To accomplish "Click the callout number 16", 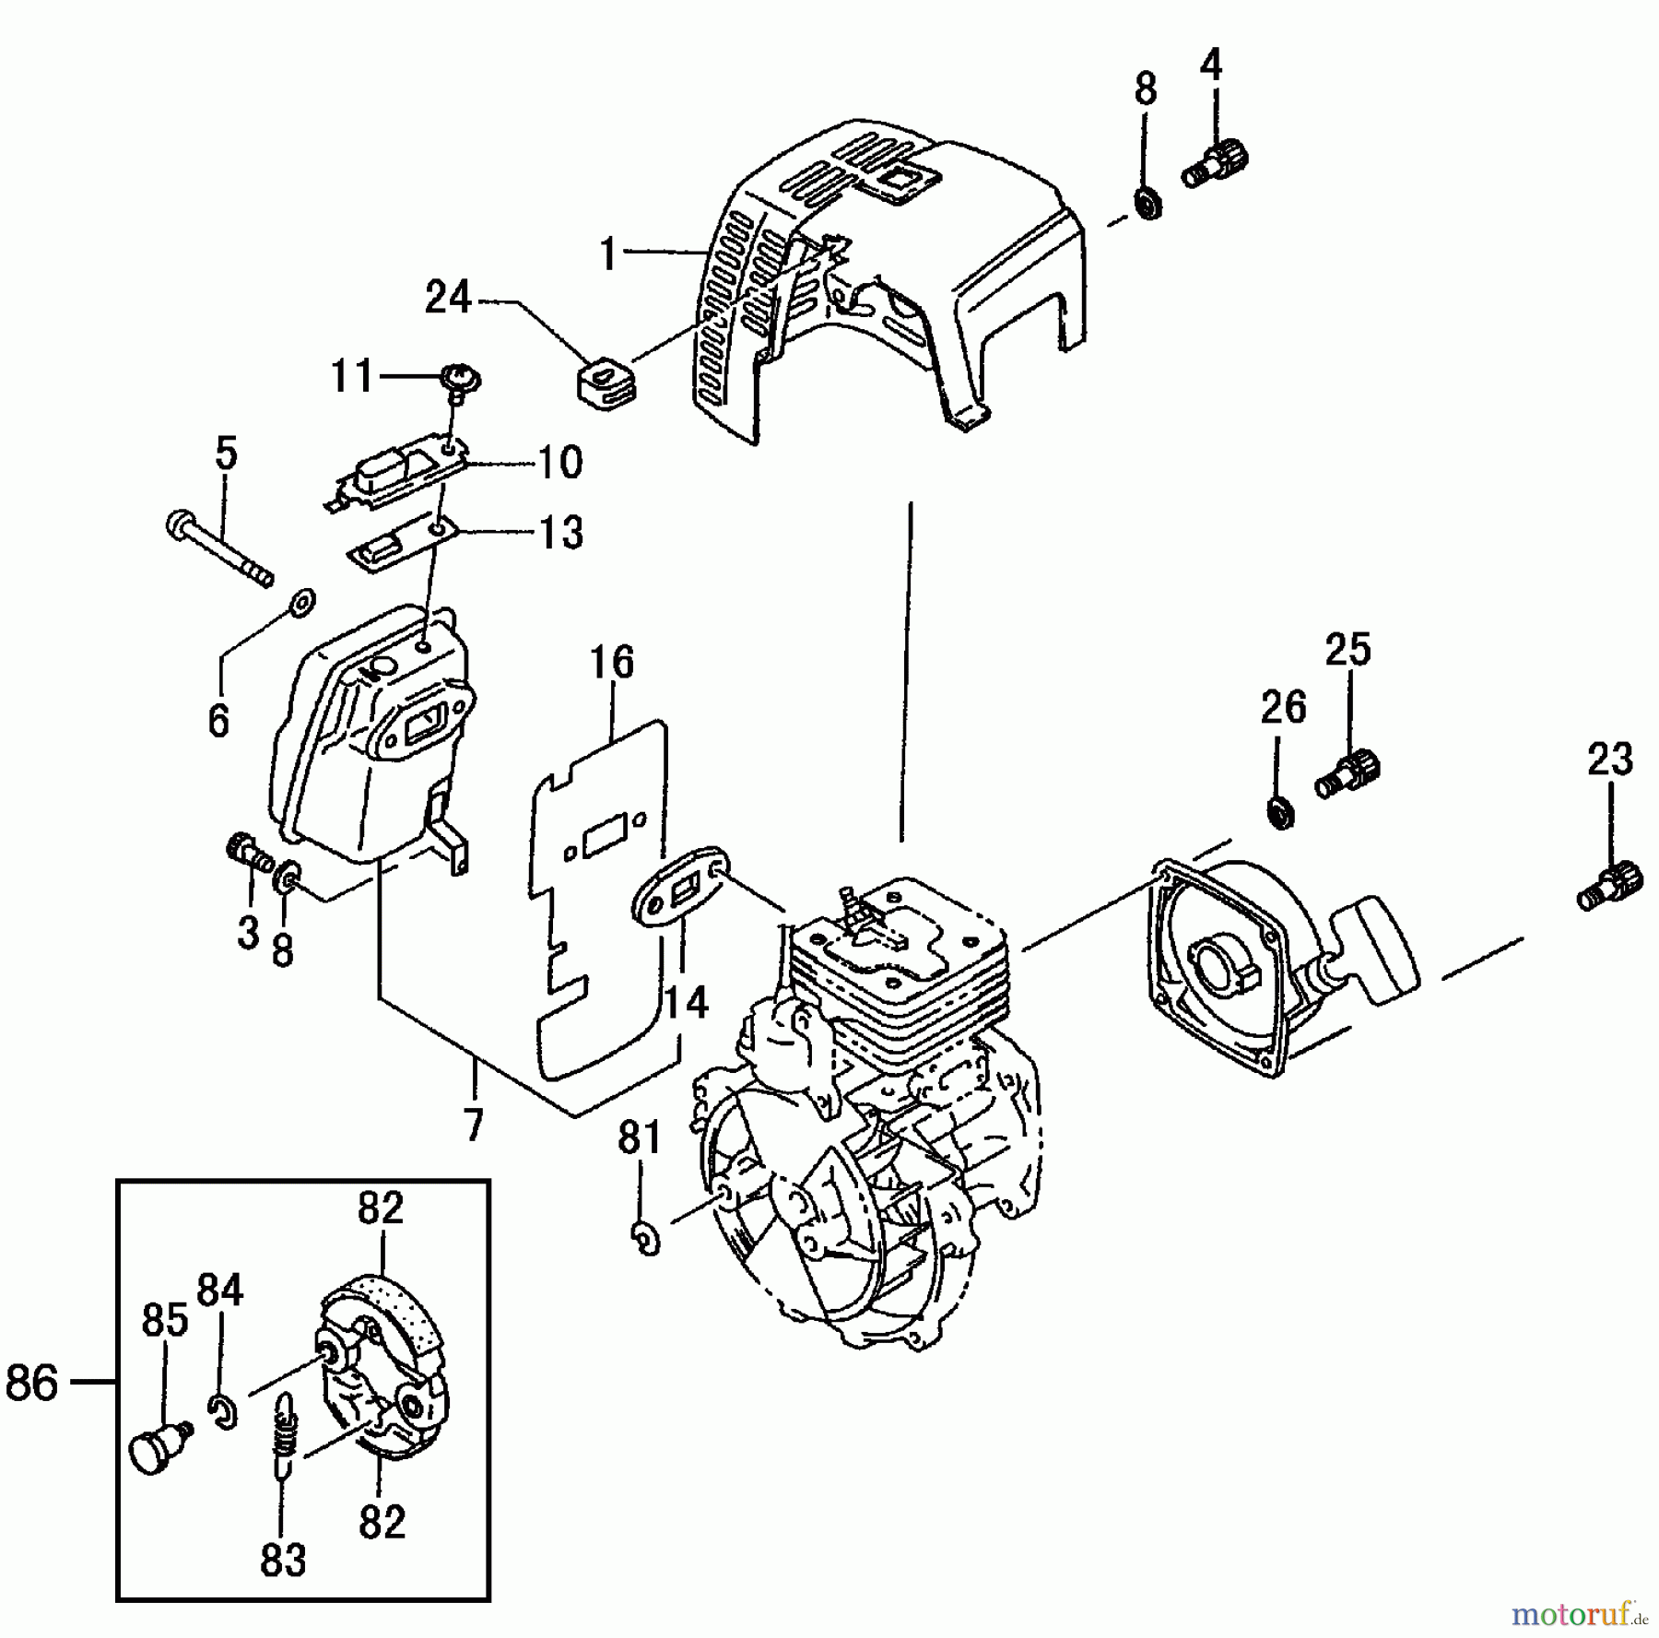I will [613, 663].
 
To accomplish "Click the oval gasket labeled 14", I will [682, 892].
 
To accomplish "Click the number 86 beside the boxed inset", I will [32, 1384].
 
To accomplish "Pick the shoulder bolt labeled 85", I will [159, 1448].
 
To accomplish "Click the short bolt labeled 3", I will [248, 850].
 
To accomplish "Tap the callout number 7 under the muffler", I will [474, 1125].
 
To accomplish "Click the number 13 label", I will [561, 532].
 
